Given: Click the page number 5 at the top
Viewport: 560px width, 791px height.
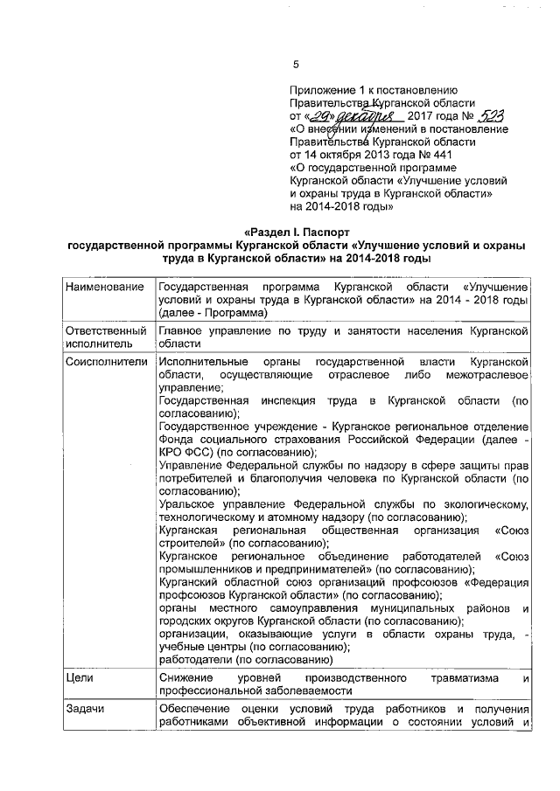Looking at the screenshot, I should pos(295,64).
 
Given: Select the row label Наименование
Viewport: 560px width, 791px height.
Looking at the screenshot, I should pos(103,287).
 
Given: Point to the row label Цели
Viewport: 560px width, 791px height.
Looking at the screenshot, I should pos(81,677).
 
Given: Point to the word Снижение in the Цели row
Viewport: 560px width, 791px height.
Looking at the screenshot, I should pos(186,677).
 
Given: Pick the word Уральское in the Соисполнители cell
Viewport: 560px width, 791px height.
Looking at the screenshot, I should pos(187,504).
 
